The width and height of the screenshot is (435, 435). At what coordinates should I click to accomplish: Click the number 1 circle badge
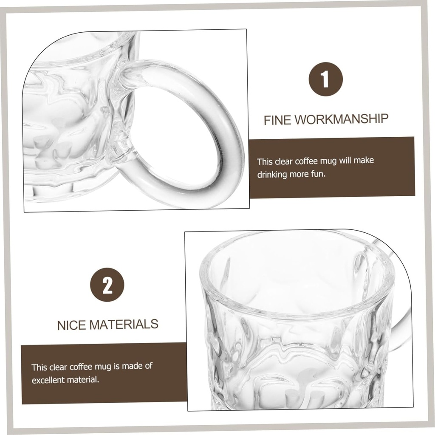pos(325,79)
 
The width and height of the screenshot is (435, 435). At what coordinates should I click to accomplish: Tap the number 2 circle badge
pos(107,285)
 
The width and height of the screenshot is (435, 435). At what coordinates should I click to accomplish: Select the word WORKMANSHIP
pos(342,119)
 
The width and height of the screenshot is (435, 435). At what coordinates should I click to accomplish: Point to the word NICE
pos(72,325)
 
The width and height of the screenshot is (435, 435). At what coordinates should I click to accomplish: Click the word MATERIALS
pos(124,325)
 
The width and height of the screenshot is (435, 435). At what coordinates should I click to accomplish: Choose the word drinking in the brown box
pos(272,175)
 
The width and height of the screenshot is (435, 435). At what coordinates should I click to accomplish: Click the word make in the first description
pos(364,161)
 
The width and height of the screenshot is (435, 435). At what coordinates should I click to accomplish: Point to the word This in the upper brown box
pos(265,161)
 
